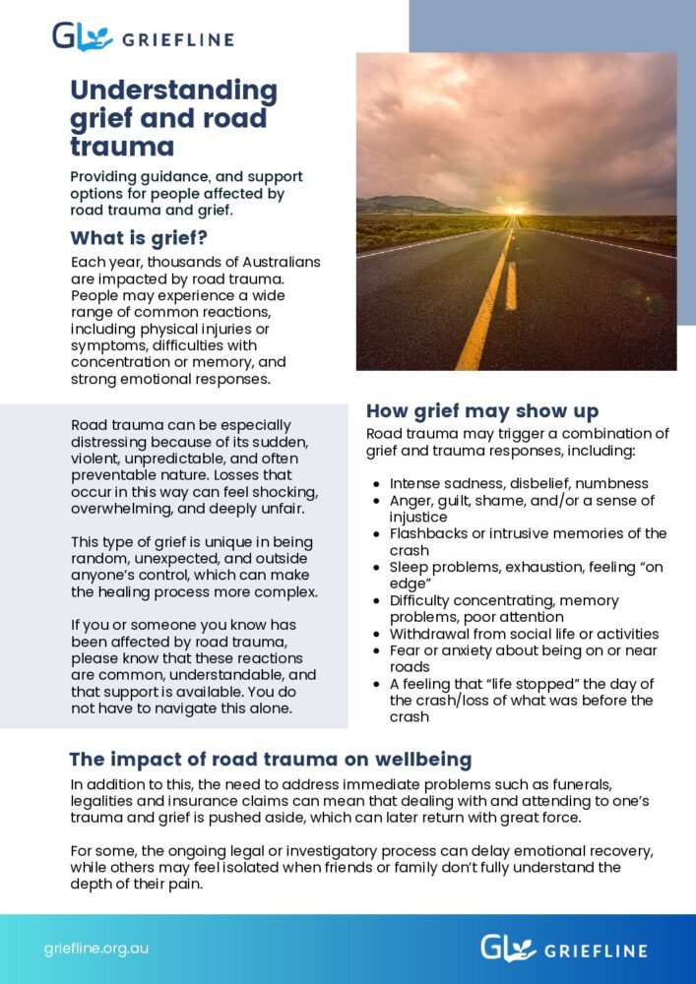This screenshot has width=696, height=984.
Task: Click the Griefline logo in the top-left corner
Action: [143, 39]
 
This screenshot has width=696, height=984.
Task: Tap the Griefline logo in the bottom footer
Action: [563, 949]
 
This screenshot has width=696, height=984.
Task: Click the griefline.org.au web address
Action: [96, 950]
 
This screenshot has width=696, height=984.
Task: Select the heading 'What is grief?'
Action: [139, 238]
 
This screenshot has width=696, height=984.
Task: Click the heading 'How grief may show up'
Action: [481, 411]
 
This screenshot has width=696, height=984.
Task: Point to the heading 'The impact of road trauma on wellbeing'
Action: [270, 760]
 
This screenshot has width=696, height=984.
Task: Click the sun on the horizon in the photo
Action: [512, 210]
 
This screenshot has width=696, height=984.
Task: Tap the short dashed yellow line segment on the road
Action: [511, 285]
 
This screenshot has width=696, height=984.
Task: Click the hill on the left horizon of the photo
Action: [404, 204]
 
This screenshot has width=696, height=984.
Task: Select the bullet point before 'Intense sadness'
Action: [378, 484]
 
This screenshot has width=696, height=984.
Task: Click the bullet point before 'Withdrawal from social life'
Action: [378, 635]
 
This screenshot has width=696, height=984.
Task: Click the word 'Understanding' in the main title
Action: [173, 92]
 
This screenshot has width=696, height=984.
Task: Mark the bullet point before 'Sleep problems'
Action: [378, 568]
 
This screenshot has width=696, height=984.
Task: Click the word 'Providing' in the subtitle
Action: [105, 177]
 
